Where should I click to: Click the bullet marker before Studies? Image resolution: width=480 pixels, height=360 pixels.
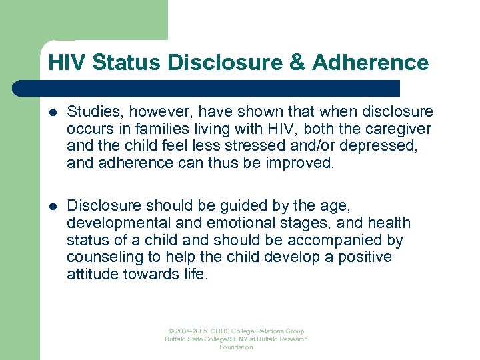tap(53, 112)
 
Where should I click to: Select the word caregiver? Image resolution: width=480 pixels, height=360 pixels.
tap(399, 129)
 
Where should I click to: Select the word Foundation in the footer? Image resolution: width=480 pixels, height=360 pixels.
tap(237, 347)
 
